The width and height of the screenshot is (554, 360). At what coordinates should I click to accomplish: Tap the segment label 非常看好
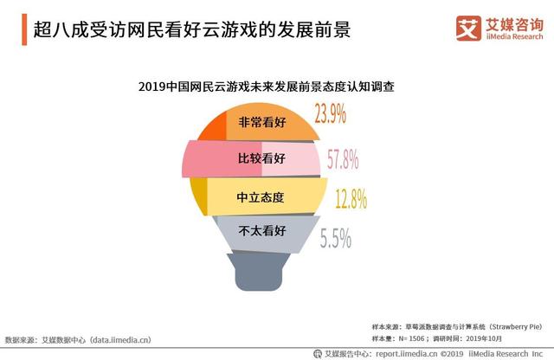261,122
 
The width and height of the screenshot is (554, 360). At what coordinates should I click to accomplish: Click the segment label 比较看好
261,159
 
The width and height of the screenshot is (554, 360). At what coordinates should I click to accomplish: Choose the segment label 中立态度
261,196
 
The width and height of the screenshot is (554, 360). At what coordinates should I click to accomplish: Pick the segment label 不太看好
261,231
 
